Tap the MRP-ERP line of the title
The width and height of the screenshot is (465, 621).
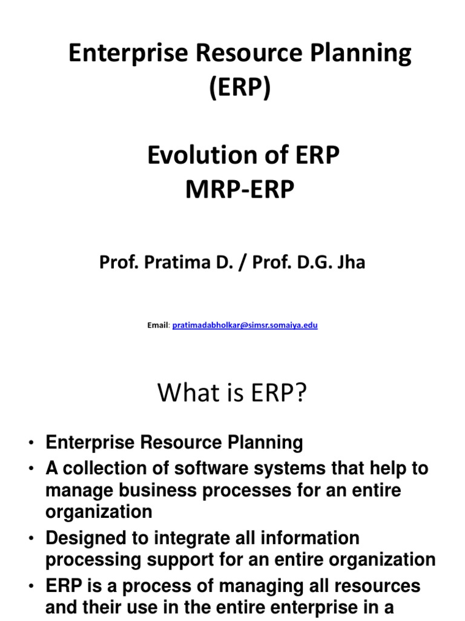pos(240,190)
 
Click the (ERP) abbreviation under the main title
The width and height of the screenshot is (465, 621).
pos(240,89)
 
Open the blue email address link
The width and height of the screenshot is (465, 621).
pos(245,325)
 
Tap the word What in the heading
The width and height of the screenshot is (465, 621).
pos(185,394)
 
